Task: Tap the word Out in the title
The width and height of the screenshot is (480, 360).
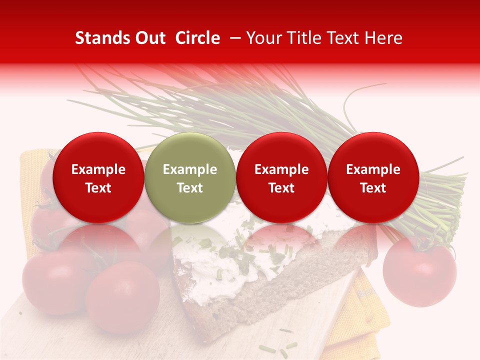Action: tap(149, 38)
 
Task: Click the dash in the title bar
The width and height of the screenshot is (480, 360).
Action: tap(233, 38)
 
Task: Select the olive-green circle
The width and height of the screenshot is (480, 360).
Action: tap(190, 177)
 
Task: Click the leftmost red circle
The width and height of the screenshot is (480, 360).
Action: tap(98, 177)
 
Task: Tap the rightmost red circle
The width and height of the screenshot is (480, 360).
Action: tap(373, 177)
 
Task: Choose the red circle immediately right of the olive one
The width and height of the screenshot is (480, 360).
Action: tap(281, 177)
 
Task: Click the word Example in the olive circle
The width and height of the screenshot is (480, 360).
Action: tap(190, 169)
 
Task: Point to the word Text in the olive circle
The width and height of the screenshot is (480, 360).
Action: tap(190, 188)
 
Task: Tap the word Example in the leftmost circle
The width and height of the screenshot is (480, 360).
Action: tap(98, 169)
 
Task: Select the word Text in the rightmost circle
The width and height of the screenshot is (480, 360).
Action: tap(373, 188)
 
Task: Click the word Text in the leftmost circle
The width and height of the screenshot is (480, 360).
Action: tap(98, 188)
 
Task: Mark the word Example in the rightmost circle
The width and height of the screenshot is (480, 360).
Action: tap(373, 169)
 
